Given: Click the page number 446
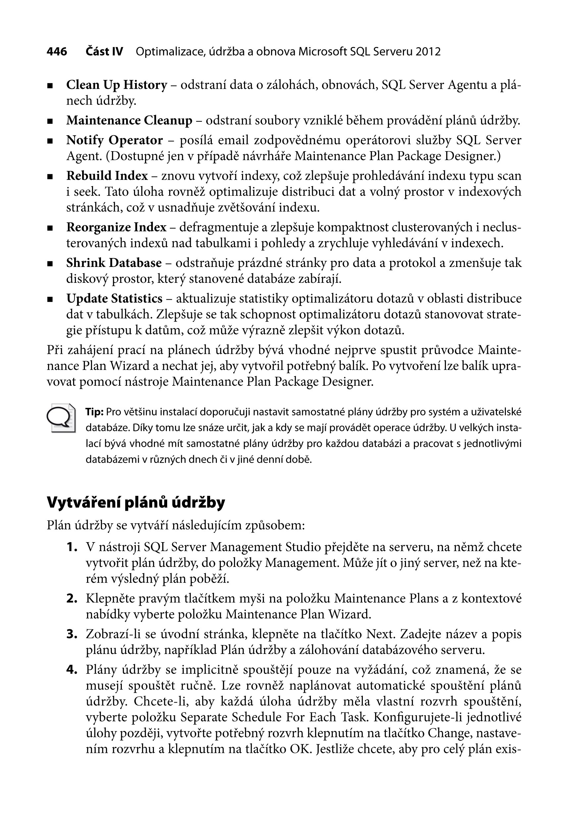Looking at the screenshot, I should point(57,52).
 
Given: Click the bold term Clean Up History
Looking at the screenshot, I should point(117,85).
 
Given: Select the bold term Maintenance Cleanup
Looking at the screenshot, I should point(129,121).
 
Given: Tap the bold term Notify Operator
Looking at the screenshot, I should point(114,140).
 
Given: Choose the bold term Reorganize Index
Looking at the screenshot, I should point(116,227).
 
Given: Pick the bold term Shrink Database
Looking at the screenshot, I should point(114,263).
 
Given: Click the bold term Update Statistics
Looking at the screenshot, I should point(114,299).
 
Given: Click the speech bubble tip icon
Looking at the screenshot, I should point(61,418).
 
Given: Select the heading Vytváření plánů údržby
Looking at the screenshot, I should point(136,503).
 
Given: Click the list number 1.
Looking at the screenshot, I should point(72,547).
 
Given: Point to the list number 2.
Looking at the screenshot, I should point(72,599).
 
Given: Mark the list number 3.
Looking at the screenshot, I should point(72,634).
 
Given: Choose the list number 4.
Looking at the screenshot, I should point(72,670).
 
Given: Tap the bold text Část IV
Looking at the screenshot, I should point(104,52).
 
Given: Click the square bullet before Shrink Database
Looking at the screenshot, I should point(50,264).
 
